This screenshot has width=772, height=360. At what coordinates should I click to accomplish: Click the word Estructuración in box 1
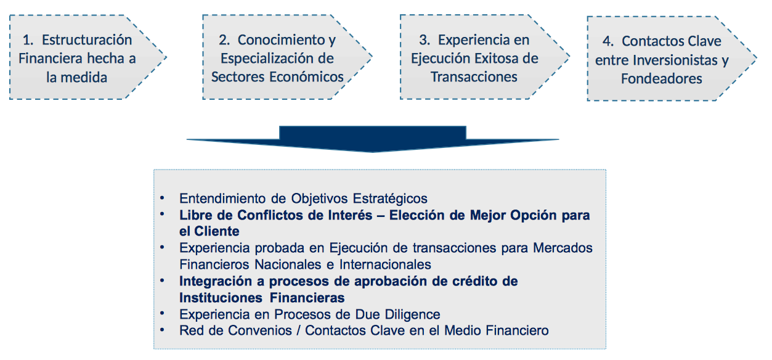pyautogui.click(x=87, y=40)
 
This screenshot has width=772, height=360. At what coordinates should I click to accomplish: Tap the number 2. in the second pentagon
pyautogui.click(x=224, y=40)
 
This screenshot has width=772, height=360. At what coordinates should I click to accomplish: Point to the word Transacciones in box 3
pyautogui.click(x=474, y=77)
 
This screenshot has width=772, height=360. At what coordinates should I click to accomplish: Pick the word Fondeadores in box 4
pyautogui.click(x=661, y=79)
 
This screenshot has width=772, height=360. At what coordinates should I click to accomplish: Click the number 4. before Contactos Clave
pyautogui.click(x=608, y=41)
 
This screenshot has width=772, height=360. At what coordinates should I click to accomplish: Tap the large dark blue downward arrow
pyautogui.click(x=373, y=139)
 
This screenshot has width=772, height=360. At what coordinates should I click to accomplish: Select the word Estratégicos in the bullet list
pyautogui.click(x=390, y=199)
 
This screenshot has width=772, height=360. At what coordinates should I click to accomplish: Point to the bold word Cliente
pyautogui.click(x=217, y=231)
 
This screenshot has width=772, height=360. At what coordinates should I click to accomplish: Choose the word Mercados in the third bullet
pyautogui.click(x=563, y=248)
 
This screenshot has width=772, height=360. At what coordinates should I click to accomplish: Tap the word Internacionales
pyautogui.click(x=385, y=264)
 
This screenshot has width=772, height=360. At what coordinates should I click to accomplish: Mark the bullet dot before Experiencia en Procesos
pyautogui.click(x=162, y=313)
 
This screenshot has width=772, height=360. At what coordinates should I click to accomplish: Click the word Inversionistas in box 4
pyautogui.click(x=675, y=60)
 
